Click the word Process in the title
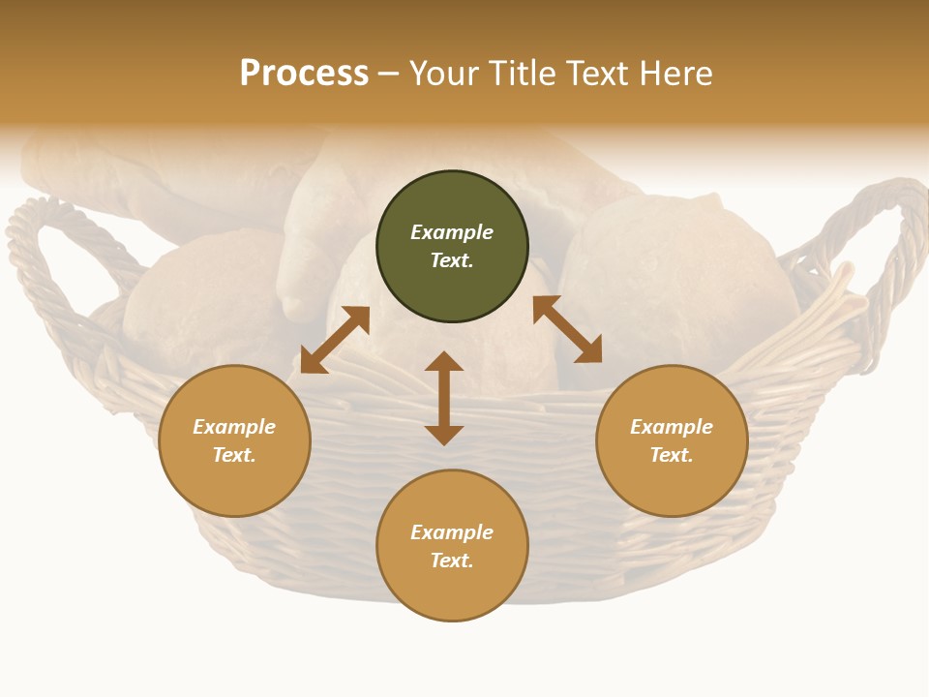click(x=304, y=75)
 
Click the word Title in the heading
click(x=524, y=75)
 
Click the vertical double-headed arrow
click(x=444, y=398)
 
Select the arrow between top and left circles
click(x=335, y=339)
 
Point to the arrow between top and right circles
click(x=567, y=329)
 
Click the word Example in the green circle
click(x=452, y=232)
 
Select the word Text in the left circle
click(x=234, y=455)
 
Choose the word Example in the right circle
click(x=672, y=427)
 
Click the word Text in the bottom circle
click(x=452, y=561)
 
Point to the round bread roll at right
click(x=677, y=281)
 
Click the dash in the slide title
click(x=389, y=75)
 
